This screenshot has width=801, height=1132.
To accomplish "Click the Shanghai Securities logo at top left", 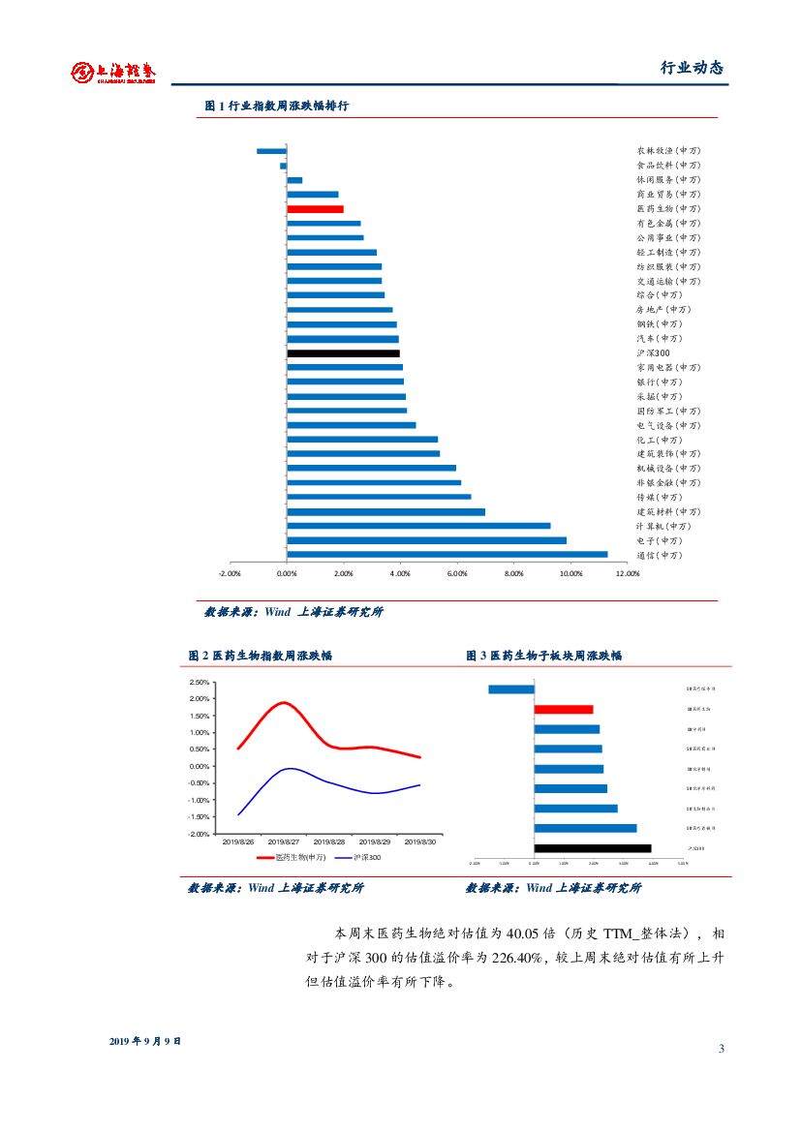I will click(113, 72).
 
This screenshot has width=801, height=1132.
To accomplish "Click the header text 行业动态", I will click(692, 68).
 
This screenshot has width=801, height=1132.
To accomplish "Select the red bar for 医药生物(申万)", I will click(316, 208).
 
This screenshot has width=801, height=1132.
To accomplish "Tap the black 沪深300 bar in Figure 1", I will click(343, 353).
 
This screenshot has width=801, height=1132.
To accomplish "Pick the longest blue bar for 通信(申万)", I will click(447, 555).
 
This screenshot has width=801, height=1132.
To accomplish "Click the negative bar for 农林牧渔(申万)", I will click(271, 151).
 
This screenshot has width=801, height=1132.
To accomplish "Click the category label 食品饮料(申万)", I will click(667, 166).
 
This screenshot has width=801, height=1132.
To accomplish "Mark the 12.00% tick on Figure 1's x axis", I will click(628, 573).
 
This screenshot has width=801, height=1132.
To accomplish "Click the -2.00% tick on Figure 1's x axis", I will click(230, 573).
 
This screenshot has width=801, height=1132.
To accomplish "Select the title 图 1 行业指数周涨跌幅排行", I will click(276, 106).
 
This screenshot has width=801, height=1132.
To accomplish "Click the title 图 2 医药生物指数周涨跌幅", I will click(260, 656).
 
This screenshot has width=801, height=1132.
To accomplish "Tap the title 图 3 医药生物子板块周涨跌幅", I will click(543, 656).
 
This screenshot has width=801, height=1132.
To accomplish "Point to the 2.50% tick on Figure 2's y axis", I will click(199, 683).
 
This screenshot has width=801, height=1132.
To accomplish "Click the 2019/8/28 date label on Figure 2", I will click(329, 842).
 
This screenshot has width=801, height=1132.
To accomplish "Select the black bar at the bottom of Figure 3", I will click(592, 848).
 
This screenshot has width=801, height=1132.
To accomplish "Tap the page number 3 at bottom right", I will click(721, 1049).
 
